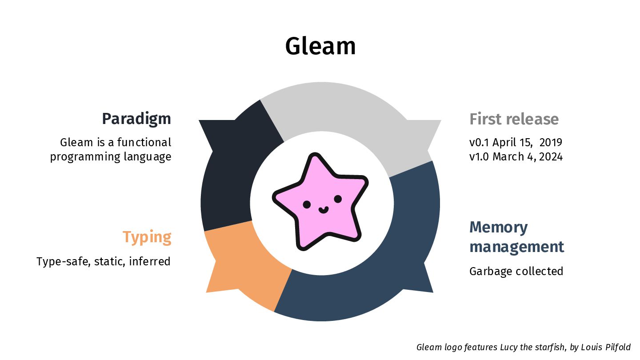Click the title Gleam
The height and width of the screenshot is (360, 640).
[320, 46]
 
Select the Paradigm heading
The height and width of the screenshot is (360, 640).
[136, 119]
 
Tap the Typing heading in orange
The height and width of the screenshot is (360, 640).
[147, 237]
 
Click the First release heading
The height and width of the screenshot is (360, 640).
[514, 119]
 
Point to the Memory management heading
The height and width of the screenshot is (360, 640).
[516, 236]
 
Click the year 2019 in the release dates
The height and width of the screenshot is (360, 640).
[551, 143]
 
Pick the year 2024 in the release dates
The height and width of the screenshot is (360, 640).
[551, 157]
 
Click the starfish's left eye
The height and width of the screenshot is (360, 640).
[307, 204]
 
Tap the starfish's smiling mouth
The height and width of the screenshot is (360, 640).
[323, 209]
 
